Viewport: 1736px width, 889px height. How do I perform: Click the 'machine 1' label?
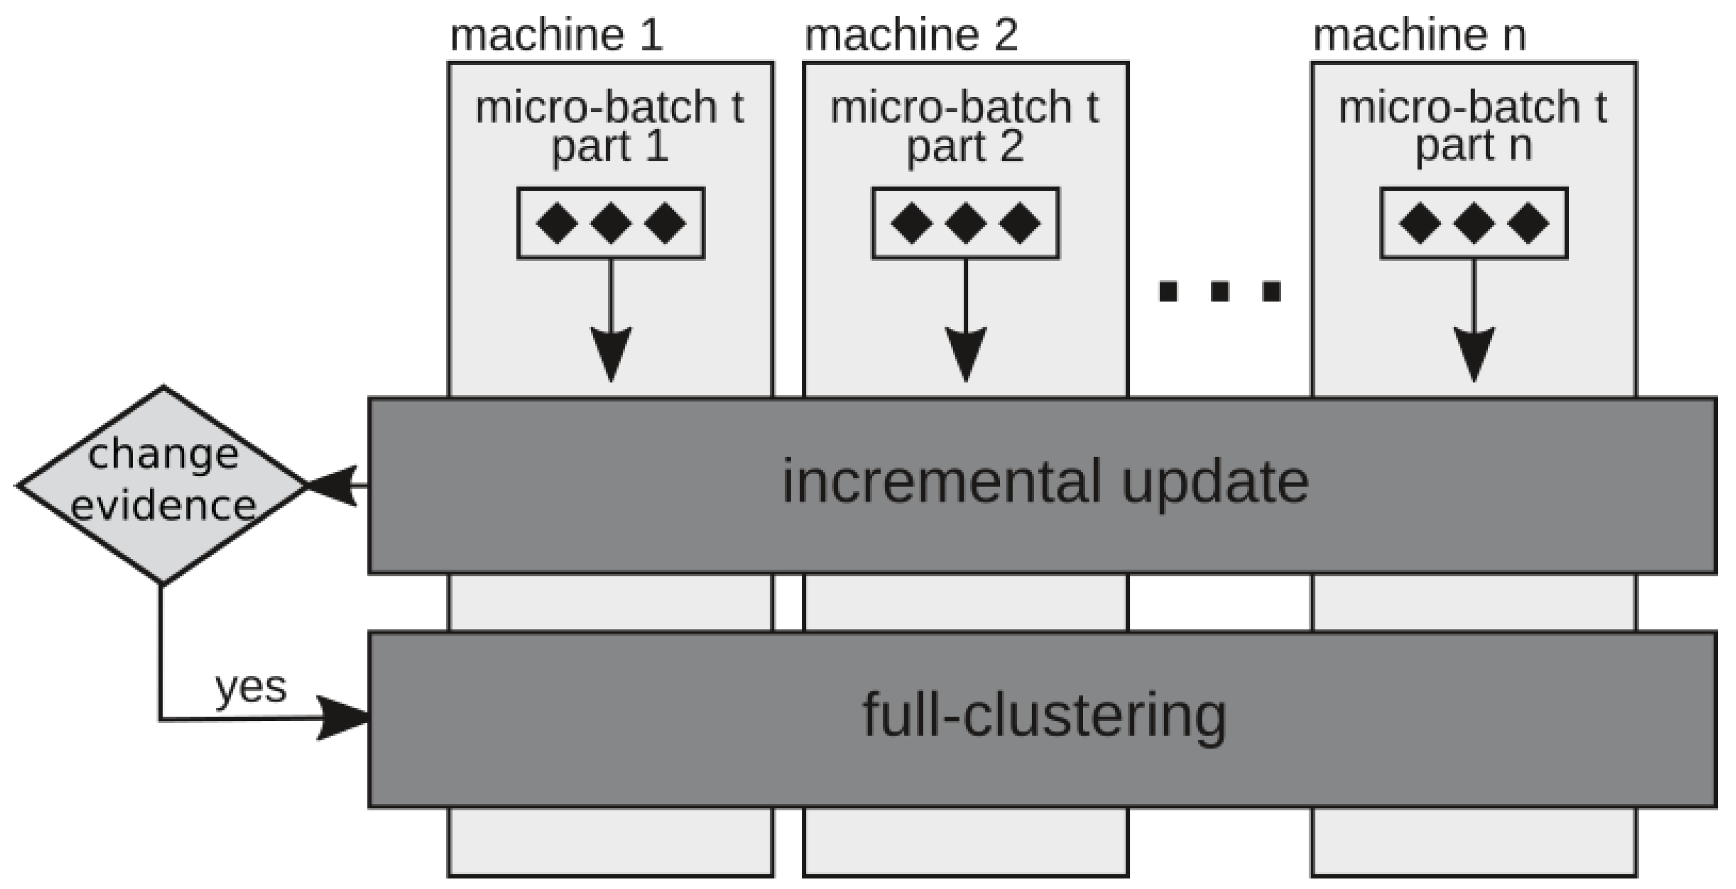pos(556,35)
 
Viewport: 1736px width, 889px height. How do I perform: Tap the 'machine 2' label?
pos(911,35)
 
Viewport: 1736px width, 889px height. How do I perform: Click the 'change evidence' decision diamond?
pos(162,484)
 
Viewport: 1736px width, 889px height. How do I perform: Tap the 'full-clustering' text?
pos(1044,715)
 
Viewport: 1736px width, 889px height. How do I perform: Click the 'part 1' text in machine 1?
pos(610,146)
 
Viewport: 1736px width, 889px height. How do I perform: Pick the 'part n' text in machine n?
pos(1473,146)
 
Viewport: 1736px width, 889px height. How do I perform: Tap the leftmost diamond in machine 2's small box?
pos(912,223)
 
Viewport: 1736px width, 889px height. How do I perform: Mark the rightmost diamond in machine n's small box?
pos(1528,223)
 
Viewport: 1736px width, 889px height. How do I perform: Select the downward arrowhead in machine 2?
pos(965,353)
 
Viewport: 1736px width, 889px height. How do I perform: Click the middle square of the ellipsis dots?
pos(1220,292)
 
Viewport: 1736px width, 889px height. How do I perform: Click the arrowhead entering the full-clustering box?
pos(344,718)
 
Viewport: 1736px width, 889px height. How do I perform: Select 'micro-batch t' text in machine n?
pos(1473,108)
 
